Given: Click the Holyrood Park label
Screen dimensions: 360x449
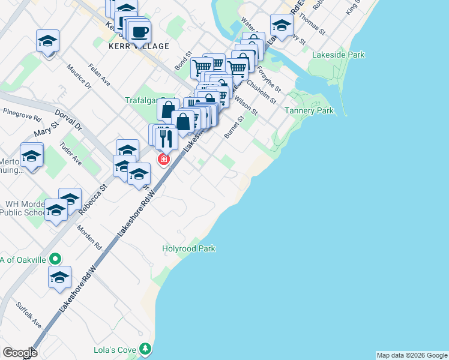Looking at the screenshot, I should coord(188,248).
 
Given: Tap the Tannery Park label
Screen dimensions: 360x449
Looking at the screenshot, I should coord(309,111).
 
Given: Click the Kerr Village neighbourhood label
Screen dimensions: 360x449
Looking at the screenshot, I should coord(139,46).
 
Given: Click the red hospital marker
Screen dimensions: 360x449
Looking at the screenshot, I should coord(163,160).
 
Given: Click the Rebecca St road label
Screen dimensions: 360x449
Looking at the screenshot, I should coord(95,196).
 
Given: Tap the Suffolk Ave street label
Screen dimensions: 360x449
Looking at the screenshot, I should coord(29,314).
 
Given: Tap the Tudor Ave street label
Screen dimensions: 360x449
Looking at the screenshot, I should coord(71,153).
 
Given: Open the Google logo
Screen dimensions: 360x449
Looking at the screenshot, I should coord(20,353).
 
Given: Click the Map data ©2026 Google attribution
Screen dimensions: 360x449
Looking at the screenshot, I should coord(412,355).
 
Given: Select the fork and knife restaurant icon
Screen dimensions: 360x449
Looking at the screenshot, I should coord(166,139).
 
